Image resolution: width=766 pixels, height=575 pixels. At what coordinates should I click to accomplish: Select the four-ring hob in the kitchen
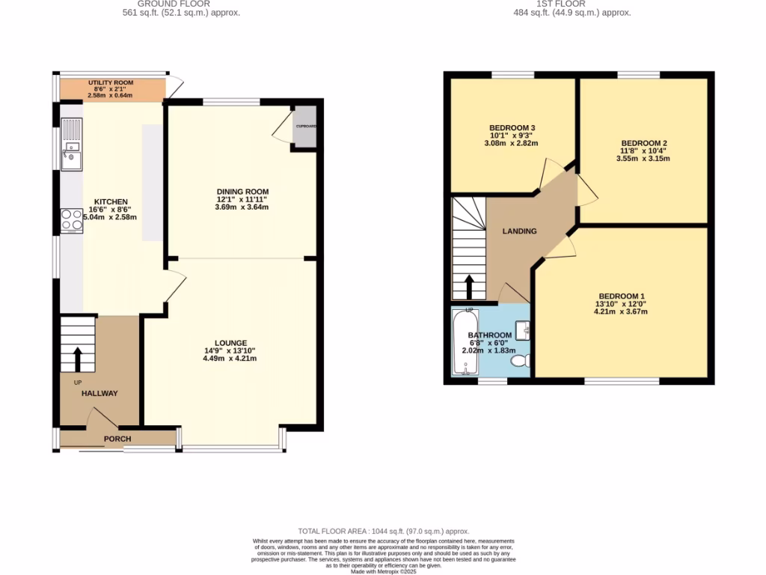(x=72, y=219)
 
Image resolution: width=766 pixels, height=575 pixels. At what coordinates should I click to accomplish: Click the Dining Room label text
(x=237, y=192)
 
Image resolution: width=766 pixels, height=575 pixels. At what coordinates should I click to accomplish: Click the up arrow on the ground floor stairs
(x=77, y=359)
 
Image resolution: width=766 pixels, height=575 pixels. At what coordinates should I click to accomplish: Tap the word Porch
(x=117, y=439)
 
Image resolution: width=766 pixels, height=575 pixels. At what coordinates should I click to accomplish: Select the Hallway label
(x=99, y=393)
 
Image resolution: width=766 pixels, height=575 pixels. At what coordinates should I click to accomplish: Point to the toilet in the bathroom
(x=520, y=361)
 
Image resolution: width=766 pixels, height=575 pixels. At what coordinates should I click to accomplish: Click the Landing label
(x=519, y=231)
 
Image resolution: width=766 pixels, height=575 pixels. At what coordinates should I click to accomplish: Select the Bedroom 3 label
(x=512, y=127)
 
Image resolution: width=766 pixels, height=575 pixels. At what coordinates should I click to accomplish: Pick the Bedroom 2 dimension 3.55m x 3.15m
(x=643, y=159)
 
